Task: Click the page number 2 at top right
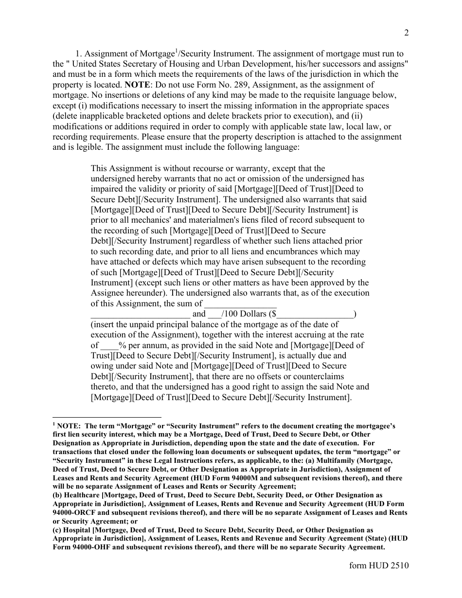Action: tap(406, 33)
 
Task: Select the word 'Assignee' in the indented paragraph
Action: tap(107, 294)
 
